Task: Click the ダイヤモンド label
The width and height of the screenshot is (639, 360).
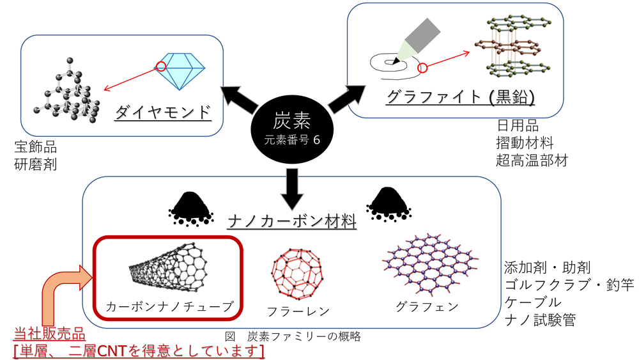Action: tap(164, 113)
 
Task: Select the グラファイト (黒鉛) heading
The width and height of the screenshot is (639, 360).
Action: tap(461, 97)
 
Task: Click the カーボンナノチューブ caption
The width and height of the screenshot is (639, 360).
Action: tap(169, 305)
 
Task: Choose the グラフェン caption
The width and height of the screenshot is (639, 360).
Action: tap(427, 306)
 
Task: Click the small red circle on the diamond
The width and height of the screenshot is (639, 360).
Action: tap(161, 66)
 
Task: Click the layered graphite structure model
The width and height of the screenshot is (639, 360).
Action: tap(514, 44)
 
